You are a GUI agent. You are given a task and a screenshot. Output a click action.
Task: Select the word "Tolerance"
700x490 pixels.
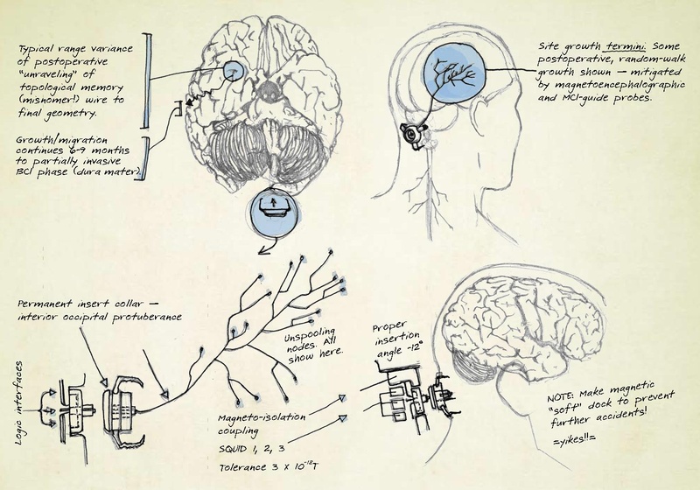(242, 467)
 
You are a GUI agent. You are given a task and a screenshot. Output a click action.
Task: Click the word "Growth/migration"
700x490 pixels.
(61, 140)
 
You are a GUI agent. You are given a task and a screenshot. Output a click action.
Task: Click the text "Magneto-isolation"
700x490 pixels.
(262, 418)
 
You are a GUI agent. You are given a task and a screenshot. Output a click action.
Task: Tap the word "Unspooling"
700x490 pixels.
(309, 335)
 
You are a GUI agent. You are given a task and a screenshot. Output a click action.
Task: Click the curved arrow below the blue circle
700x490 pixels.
(269, 246)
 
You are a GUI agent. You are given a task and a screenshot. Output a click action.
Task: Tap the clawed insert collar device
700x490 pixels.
(122, 410)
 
